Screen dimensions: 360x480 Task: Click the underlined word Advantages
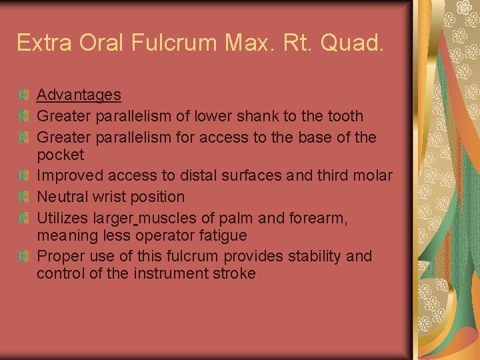[79, 95]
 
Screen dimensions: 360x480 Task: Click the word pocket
[60, 155]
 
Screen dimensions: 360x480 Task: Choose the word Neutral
[63, 197]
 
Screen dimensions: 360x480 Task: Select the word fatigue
[222, 236]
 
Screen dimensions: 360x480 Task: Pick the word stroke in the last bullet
[233, 274]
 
